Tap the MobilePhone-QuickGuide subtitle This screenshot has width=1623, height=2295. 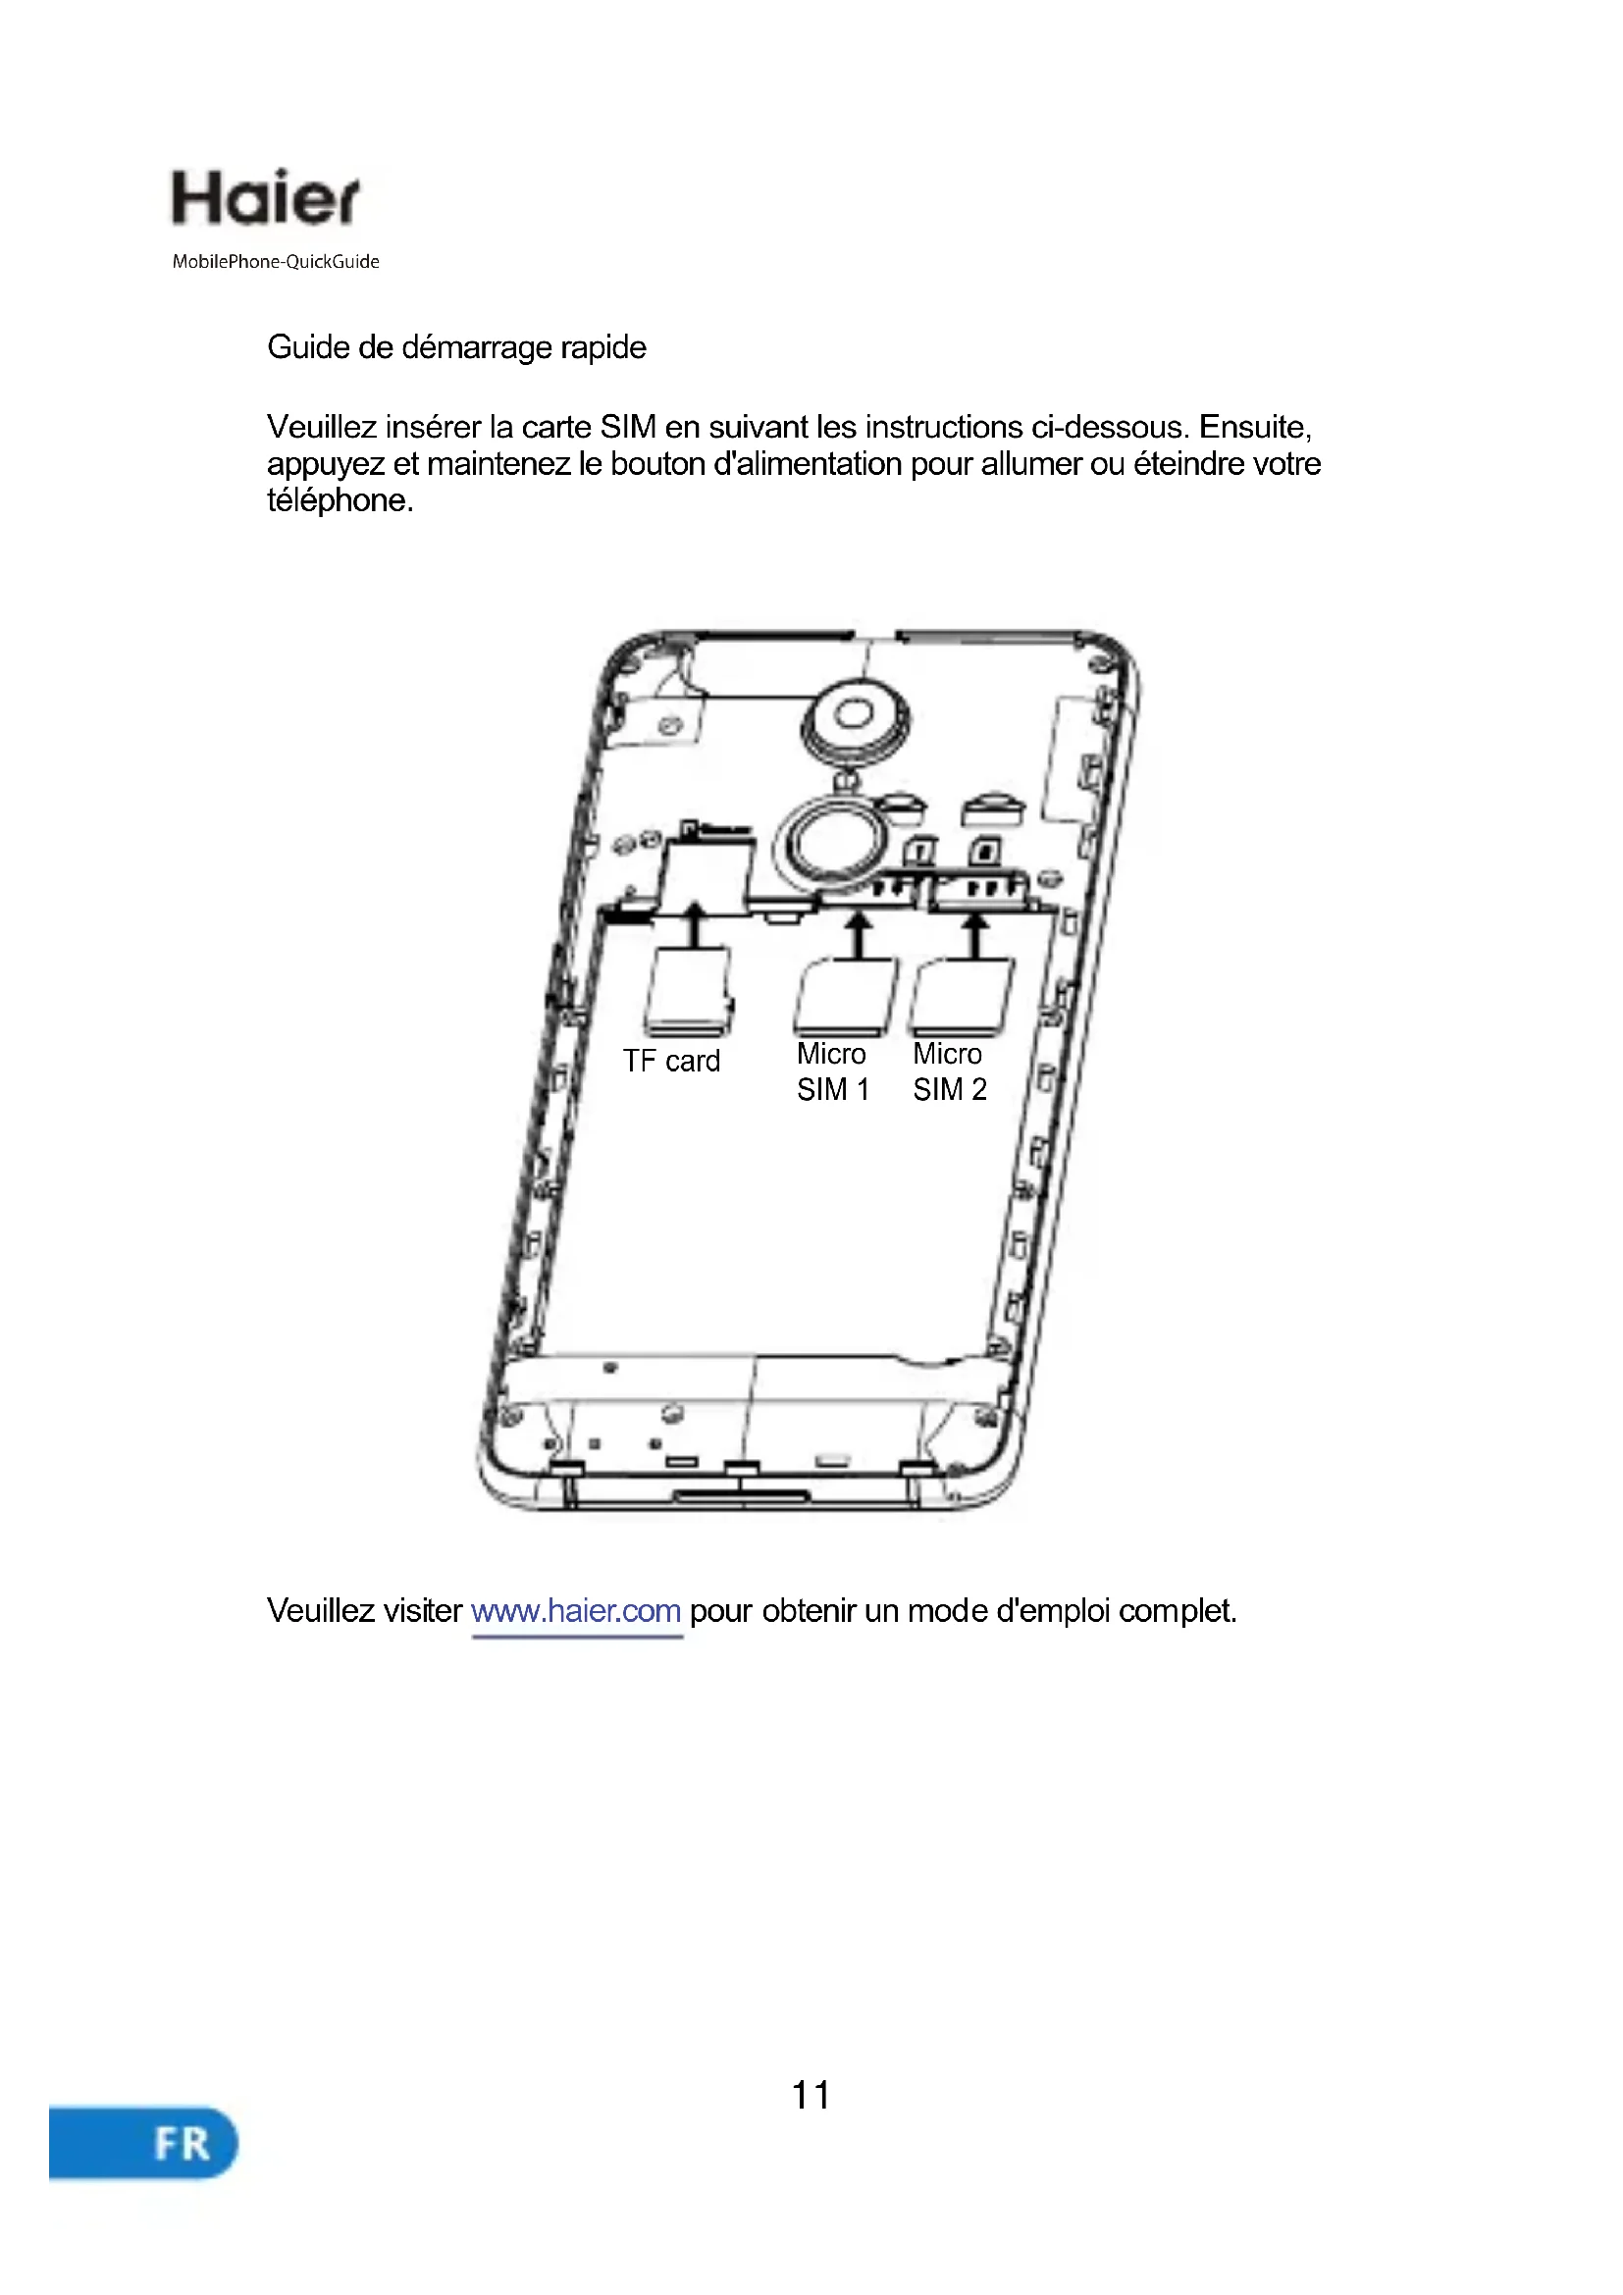coord(275,262)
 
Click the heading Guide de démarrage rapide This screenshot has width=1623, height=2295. coord(455,348)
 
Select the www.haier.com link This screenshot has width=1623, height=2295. coord(576,1611)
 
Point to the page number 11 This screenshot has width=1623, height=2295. coord(811,2095)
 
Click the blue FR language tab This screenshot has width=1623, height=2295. coord(143,2143)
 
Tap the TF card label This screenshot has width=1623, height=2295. coord(670,1061)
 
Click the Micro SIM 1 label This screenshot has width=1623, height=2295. coord(831,1071)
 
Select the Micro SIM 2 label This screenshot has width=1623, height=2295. coord(949,1071)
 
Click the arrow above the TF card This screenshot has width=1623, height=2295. coord(695,924)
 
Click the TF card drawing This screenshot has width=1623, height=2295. coord(688,993)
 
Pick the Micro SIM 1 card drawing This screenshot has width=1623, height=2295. coord(846,997)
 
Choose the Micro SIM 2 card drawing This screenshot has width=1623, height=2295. coord(962,997)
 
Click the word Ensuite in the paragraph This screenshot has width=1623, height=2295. coord(1254,428)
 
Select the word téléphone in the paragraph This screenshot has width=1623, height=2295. coord(339,500)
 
